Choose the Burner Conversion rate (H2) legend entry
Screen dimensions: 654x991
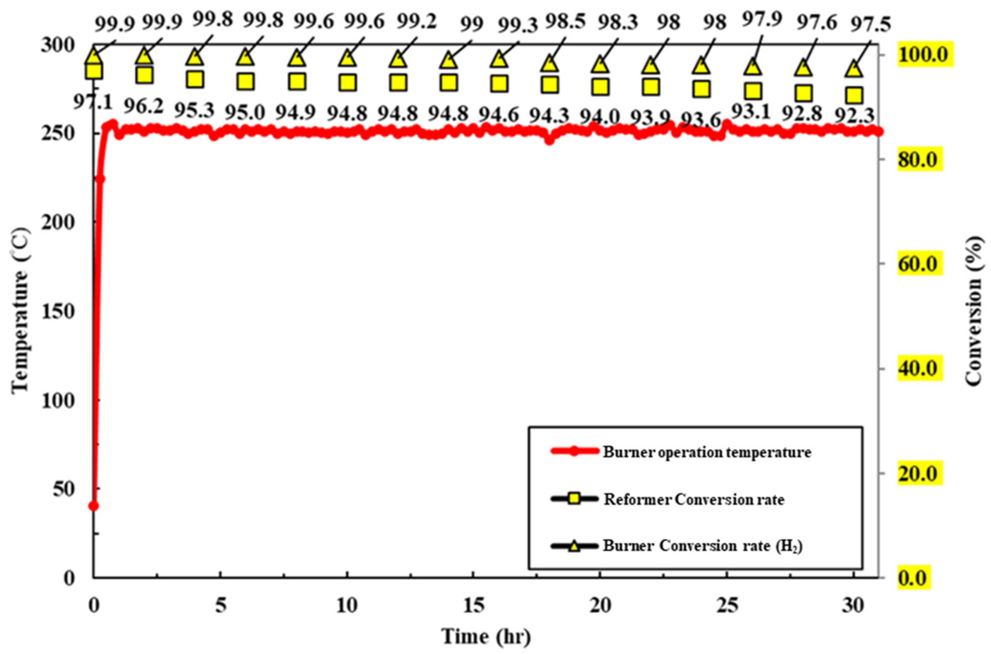(x=703, y=546)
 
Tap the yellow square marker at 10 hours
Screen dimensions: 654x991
(x=347, y=83)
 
